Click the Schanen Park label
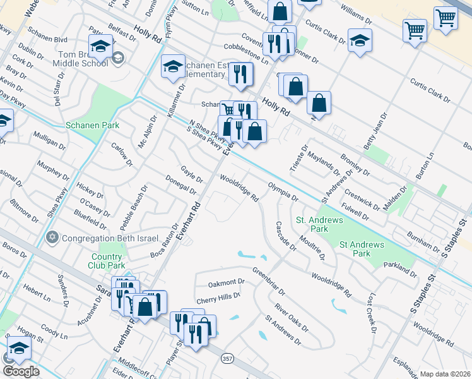tap(93, 126)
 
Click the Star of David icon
tap(52, 237)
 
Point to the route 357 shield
tap(228, 358)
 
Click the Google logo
tap(21, 371)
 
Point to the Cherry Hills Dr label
tap(218, 296)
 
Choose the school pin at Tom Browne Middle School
tap(100, 46)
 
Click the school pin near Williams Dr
tap(360, 40)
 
